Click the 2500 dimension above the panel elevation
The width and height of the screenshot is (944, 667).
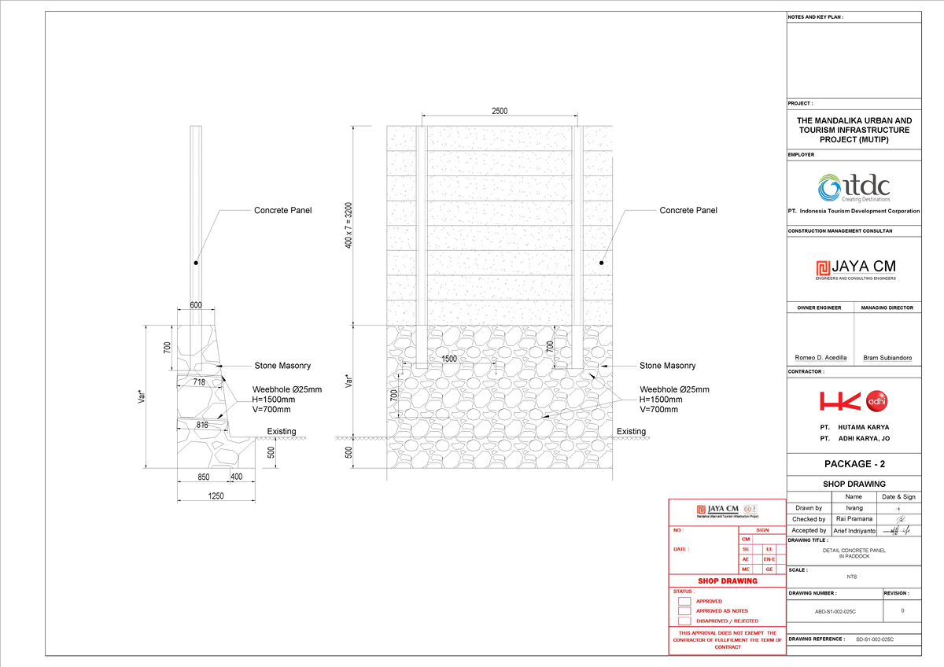[500, 111]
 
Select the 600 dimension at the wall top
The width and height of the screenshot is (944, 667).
[195, 306]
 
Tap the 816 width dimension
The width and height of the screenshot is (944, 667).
[202, 425]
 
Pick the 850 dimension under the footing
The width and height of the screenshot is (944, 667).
[203, 477]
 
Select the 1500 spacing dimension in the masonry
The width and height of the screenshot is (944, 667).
[449, 359]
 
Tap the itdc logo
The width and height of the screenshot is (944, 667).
[854, 188]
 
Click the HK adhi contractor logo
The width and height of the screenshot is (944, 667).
[854, 402]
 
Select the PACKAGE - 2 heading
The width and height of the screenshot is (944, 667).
[854, 464]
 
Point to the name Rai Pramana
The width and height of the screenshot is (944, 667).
[854, 519]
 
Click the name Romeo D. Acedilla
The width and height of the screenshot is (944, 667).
[820, 358]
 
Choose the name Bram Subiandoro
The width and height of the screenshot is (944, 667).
[887, 358]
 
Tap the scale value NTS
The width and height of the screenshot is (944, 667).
[854, 577]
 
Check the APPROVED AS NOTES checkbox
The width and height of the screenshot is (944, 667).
[684, 611]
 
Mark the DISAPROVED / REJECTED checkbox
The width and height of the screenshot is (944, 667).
[684, 621]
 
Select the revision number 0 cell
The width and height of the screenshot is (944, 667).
[902, 610]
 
